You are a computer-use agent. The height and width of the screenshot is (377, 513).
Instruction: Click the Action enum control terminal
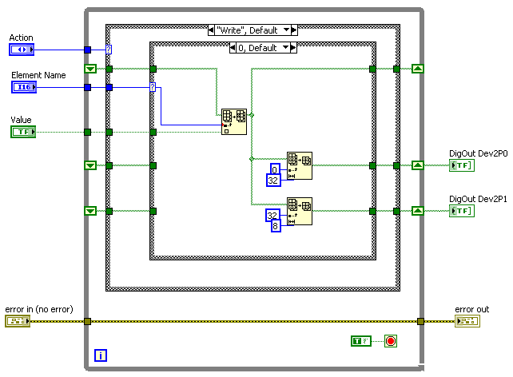22,50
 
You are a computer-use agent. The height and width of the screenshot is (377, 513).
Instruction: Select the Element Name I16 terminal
22,87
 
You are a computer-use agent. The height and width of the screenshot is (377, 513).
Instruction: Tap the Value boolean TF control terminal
22,132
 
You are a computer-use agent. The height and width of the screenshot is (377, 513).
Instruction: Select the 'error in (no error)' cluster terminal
17,321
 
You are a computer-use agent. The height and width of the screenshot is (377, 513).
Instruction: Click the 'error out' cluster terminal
467,321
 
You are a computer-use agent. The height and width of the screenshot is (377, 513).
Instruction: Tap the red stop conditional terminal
391,342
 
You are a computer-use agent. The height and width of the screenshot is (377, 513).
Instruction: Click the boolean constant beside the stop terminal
362,342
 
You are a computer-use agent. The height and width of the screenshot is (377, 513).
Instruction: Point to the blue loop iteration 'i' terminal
100,355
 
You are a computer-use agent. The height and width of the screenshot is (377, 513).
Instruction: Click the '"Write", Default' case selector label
253,30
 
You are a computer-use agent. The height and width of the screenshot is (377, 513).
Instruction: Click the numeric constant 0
274,169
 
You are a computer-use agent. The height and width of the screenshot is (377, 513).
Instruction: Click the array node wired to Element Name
234,121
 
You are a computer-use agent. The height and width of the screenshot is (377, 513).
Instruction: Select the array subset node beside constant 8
300,211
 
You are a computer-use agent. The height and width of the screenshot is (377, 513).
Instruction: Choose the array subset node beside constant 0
300,165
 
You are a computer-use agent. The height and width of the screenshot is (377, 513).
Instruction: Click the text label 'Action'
21,38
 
